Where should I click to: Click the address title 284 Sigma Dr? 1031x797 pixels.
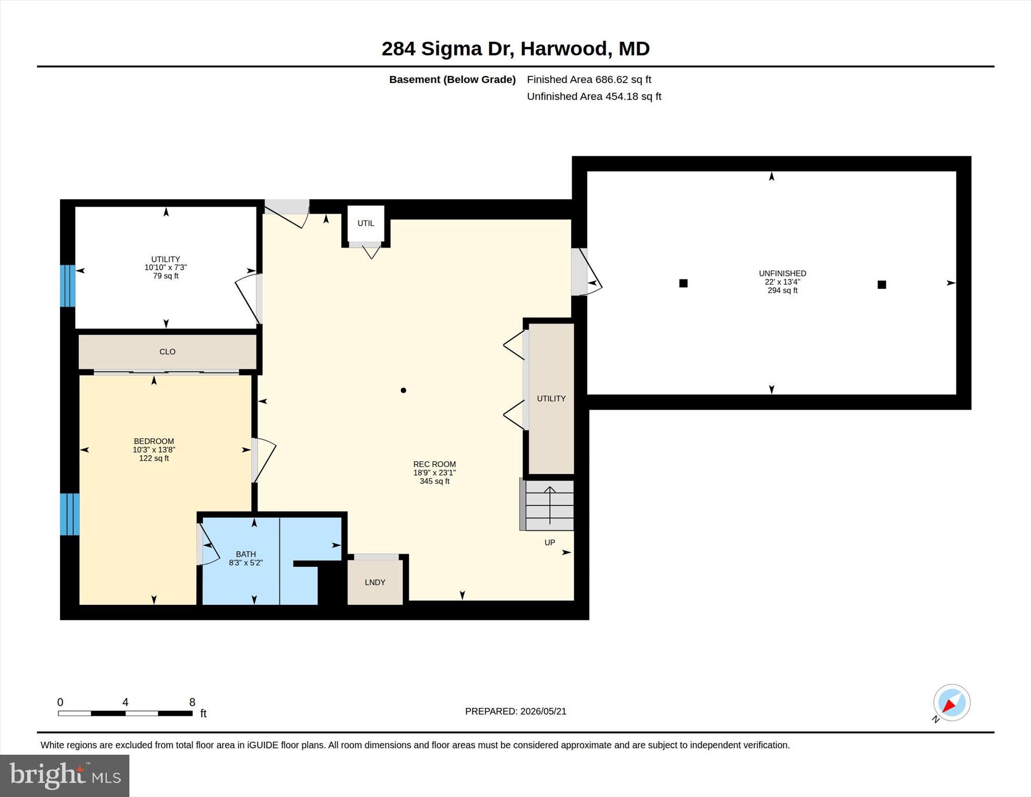(x=448, y=49)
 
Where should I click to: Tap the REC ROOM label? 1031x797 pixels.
(x=434, y=464)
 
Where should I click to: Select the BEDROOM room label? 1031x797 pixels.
(x=154, y=441)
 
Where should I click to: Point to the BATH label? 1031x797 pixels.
(x=246, y=554)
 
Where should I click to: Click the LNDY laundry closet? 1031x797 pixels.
(x=375, y=582)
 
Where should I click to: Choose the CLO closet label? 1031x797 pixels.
(x=168, y=352)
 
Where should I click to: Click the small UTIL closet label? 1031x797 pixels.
(x=366, y=223)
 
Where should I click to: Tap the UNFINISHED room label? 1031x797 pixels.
(x=782, y=273)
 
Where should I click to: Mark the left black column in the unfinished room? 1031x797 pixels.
(x=683, y=283)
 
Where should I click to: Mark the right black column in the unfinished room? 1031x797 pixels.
(x=881, y=284)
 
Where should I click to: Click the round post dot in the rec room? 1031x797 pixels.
(x=403, y=390)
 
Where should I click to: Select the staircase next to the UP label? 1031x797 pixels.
(x=547, y=505)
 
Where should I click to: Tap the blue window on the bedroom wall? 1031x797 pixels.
(x=69, y=514)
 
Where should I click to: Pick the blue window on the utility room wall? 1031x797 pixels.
(x=67, y=286)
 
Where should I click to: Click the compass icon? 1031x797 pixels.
(x=951, y=703)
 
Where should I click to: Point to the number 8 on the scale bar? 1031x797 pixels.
(x=192, y=702)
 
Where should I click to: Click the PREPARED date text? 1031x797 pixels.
(x=515, y=711)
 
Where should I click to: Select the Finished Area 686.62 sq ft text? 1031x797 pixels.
(x=589, y=80)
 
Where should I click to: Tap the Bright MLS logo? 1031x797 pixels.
(x=65, y=775)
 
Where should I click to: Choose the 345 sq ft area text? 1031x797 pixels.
(x=434, y=481)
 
